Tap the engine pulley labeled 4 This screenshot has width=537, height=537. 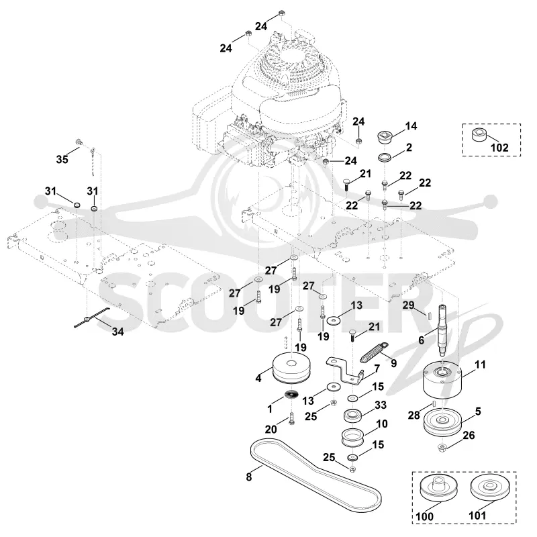point(291,369)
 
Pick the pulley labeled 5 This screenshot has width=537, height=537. point(442,424)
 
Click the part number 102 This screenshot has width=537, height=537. point(499,148)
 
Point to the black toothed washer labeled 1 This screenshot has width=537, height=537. point(292,394)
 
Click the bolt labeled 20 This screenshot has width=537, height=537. point(291,418)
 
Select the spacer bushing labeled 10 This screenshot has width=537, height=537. point(352,437)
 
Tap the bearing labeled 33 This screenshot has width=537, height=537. point(353,415)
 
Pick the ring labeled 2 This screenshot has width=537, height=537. point(385,158)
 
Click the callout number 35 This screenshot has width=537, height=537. point(62,159)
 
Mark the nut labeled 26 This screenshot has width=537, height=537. point(442,447)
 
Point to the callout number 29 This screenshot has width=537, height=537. point(408,305)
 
